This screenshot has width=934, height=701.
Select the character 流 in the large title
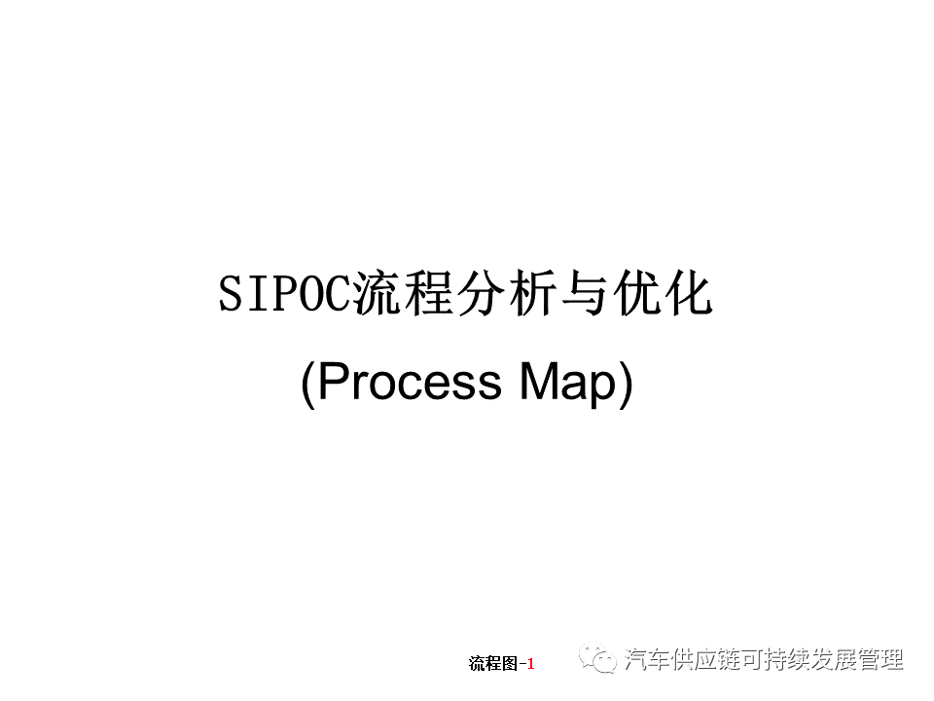[x=377, y=295]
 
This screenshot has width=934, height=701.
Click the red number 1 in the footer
[x=531, y=664]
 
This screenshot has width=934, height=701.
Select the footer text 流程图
[x=493, y=664]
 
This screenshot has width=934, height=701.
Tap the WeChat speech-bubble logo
[x=598, y=660]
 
